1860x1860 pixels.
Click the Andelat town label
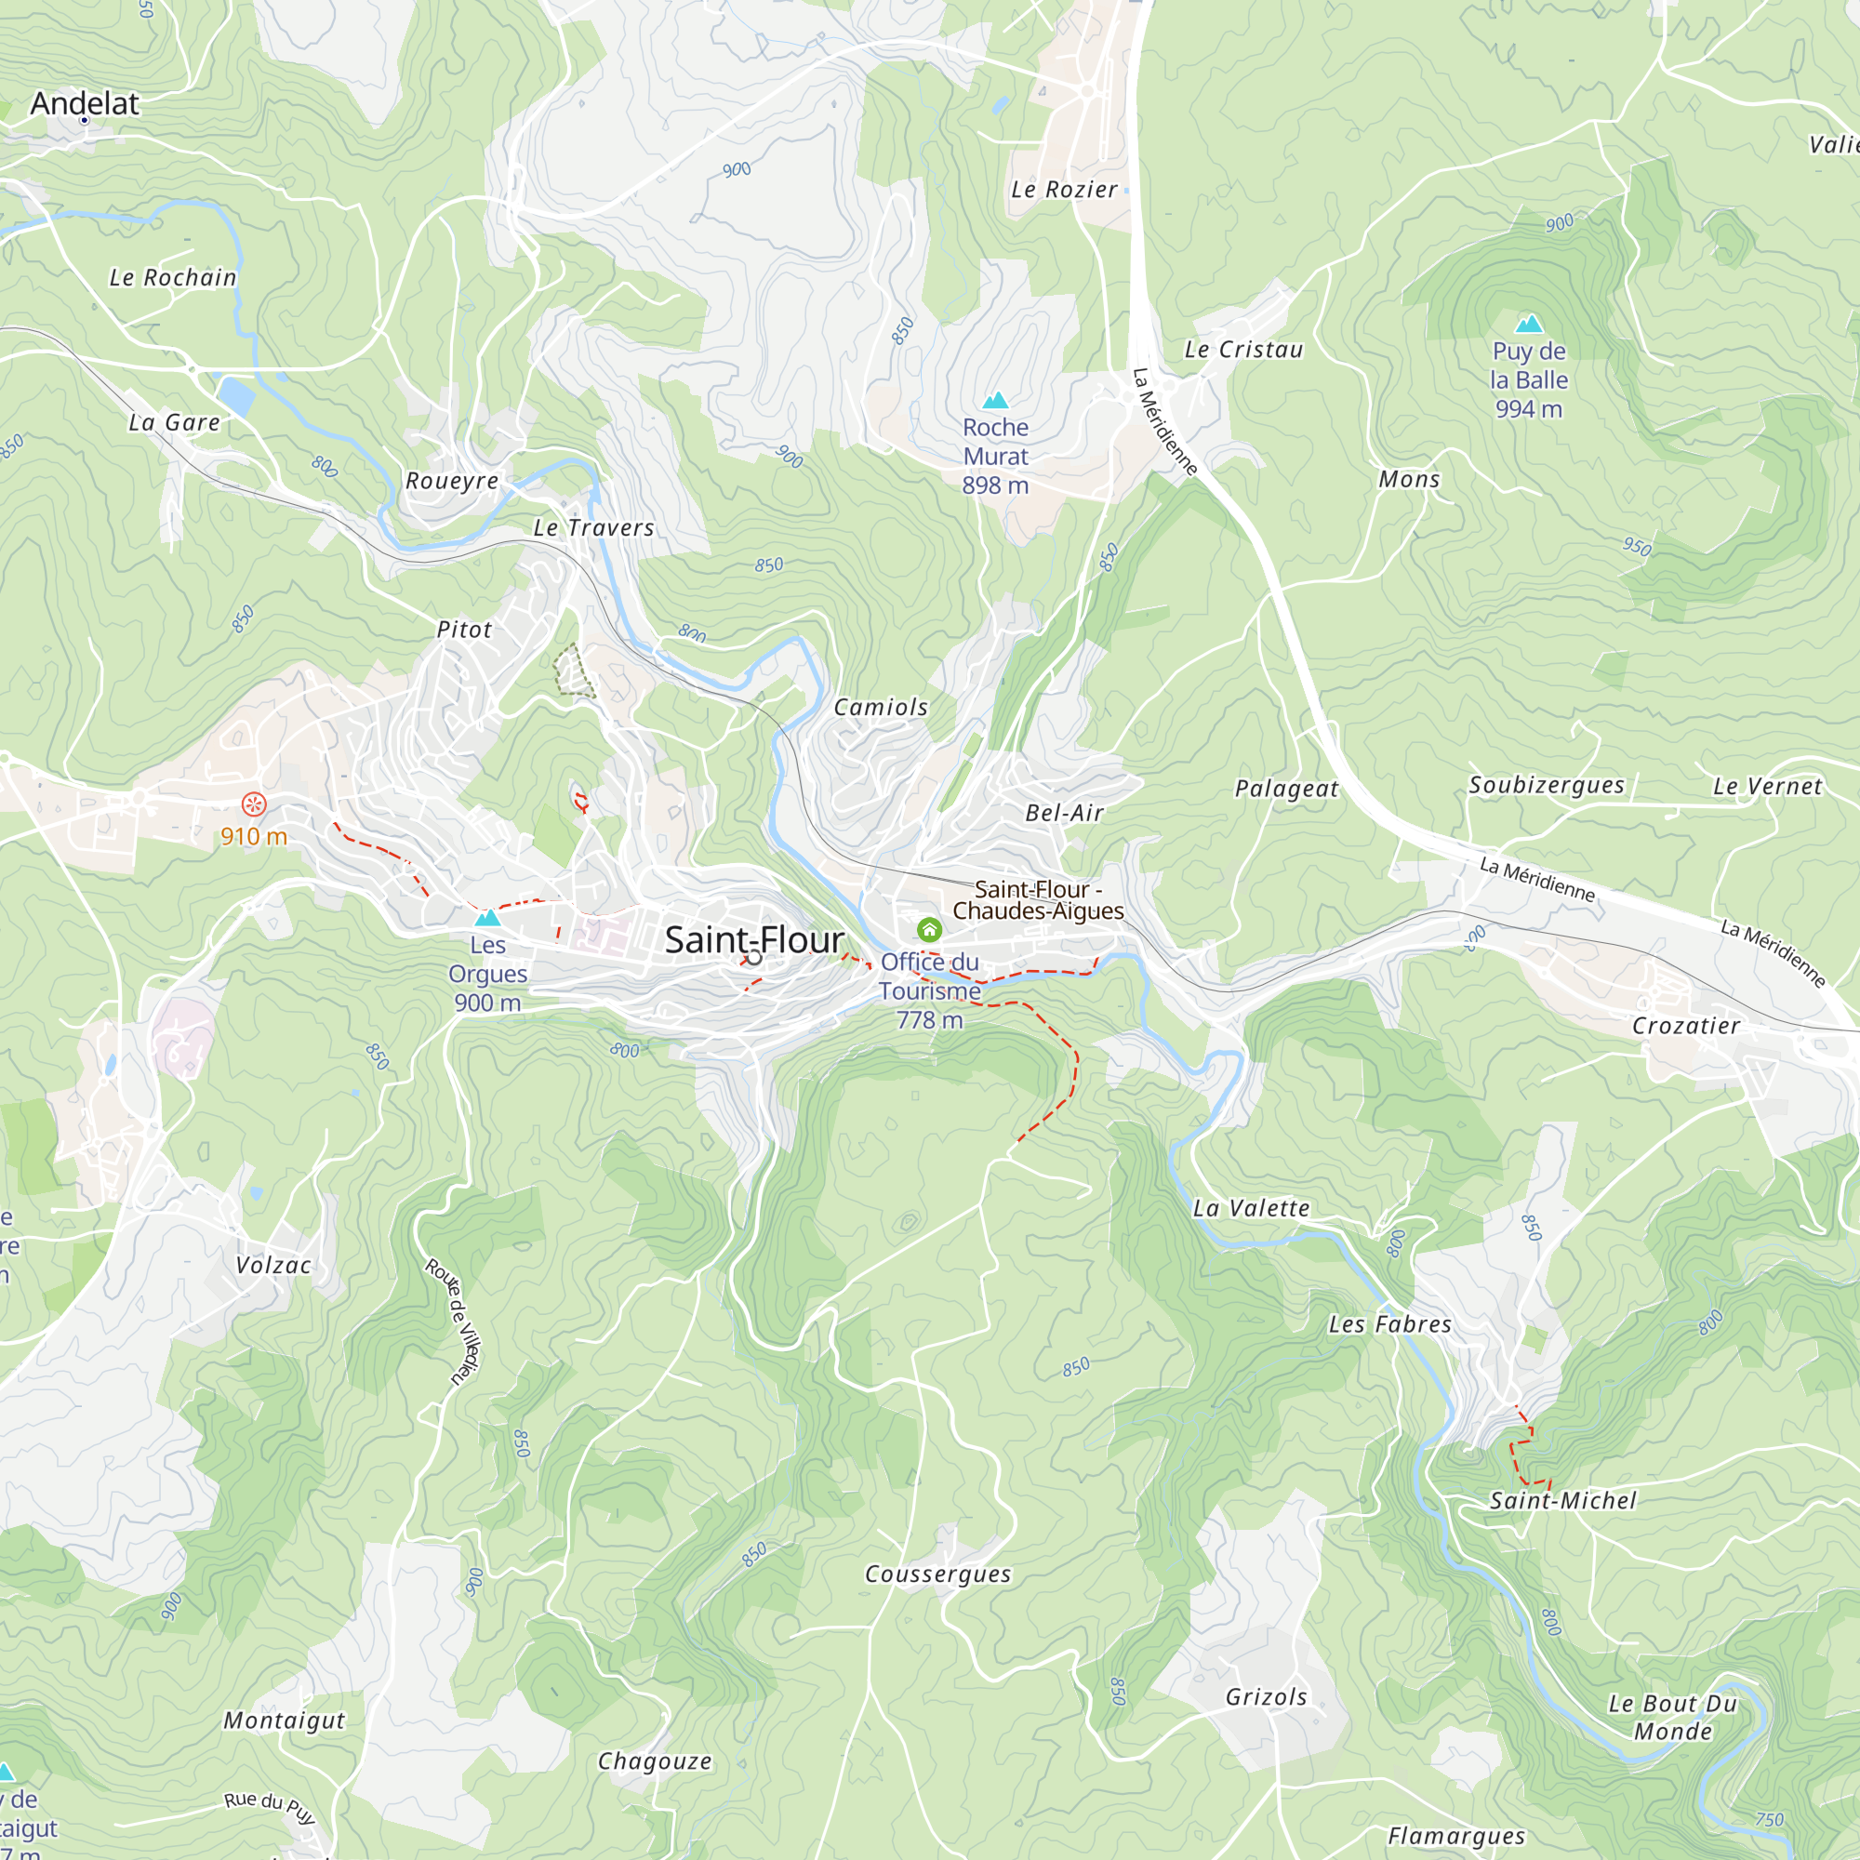[x=85, y=103]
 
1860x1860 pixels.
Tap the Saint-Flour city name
[x=754, y=940]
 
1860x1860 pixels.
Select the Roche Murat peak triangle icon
[x=995, y=401]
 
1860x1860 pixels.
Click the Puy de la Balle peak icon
[x=1529, y=325]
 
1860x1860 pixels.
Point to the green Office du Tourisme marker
[x=929, y=930]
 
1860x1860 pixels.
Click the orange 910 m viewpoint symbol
[x=253, y=804]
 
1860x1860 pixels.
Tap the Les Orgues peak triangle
[x=488, y=918]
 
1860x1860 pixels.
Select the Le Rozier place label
[x=1064, y=191]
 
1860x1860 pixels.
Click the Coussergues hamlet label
[x=937, y=1574]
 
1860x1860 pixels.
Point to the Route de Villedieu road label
[x=454, y=1321]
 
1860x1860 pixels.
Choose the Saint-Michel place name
[x=1562, y=1501]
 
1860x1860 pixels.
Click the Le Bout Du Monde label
[x=1673, y=1718]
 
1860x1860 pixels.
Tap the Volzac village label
[x=273, y=1265]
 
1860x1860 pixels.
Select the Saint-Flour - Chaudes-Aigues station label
[x=1038, y=900]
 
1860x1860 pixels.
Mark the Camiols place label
[x=881, y=708]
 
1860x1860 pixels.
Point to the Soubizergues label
[x=1547, y=786]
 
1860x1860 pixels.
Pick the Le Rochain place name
[x=172, y=278]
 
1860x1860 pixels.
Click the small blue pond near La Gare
[x=236, y=395]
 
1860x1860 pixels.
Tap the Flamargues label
[x=1456, y=1837]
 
